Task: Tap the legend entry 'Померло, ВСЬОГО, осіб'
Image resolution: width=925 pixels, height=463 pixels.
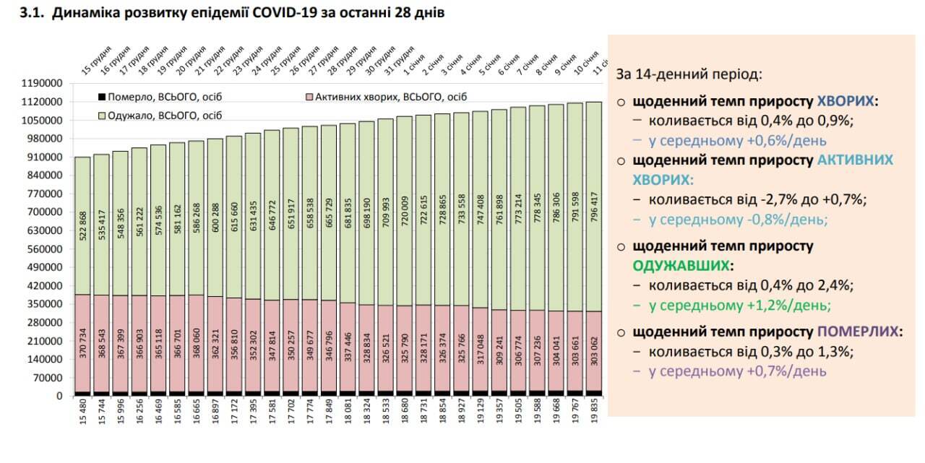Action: (x=158, y=97)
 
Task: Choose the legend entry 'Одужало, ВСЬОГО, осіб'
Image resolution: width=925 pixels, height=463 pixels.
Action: (x=160, y=116)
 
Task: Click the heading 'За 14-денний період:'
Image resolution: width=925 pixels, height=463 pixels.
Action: (x=688, y=74)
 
